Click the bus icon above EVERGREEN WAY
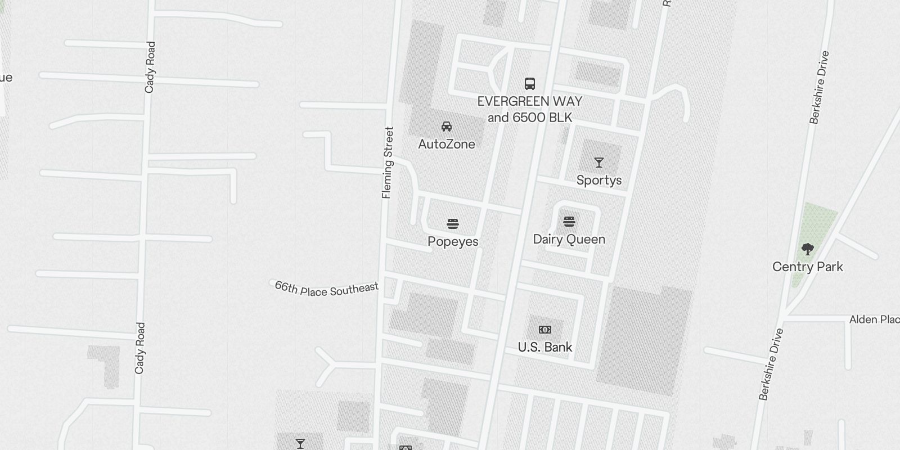[530, 84]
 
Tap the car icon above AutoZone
[447, 127]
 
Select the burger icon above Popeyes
[453, 224]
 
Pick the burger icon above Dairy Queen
[569, 222]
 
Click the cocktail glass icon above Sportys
[599, 163]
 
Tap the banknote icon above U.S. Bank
[545, 330]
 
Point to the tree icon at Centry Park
[808, 249]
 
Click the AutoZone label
[447, 144]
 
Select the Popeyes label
[453, 241]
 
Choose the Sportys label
[599, 180]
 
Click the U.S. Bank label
[545, 347]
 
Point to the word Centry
[791, 267]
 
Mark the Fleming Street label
[388, 163]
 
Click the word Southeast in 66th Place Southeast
[354, 290]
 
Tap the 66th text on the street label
[285, 287]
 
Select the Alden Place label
[874, 319]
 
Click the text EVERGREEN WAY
[530, 102]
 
